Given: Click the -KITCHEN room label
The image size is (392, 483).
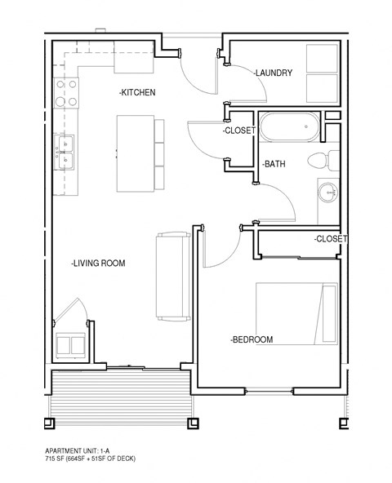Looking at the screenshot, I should click(x=137, y=92).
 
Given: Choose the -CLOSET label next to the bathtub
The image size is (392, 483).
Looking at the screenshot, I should click(x=239, y=131).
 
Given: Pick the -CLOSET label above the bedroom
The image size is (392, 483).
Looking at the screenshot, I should click(x=331, y=239).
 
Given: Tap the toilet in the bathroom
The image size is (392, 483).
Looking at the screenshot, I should click(x=324, y=160).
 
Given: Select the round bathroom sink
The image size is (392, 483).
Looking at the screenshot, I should click(x=328, y=193).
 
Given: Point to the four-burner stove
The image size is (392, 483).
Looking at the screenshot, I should click(x=66, y=92).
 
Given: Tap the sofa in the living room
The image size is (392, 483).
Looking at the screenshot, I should click(x=172, y=276).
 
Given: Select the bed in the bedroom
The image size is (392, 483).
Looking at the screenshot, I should click(x=296, y=314).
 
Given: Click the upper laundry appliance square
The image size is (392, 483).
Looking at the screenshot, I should click(x=321, y=60).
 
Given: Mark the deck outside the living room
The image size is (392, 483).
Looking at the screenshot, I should click(x=121, y=392).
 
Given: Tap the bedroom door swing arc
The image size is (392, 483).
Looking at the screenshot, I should click(x=220, y=249).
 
